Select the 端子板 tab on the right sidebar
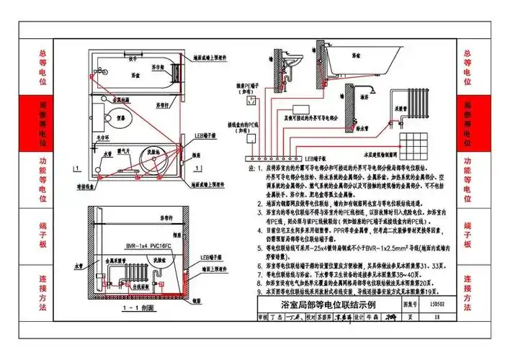pos(466,235)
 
